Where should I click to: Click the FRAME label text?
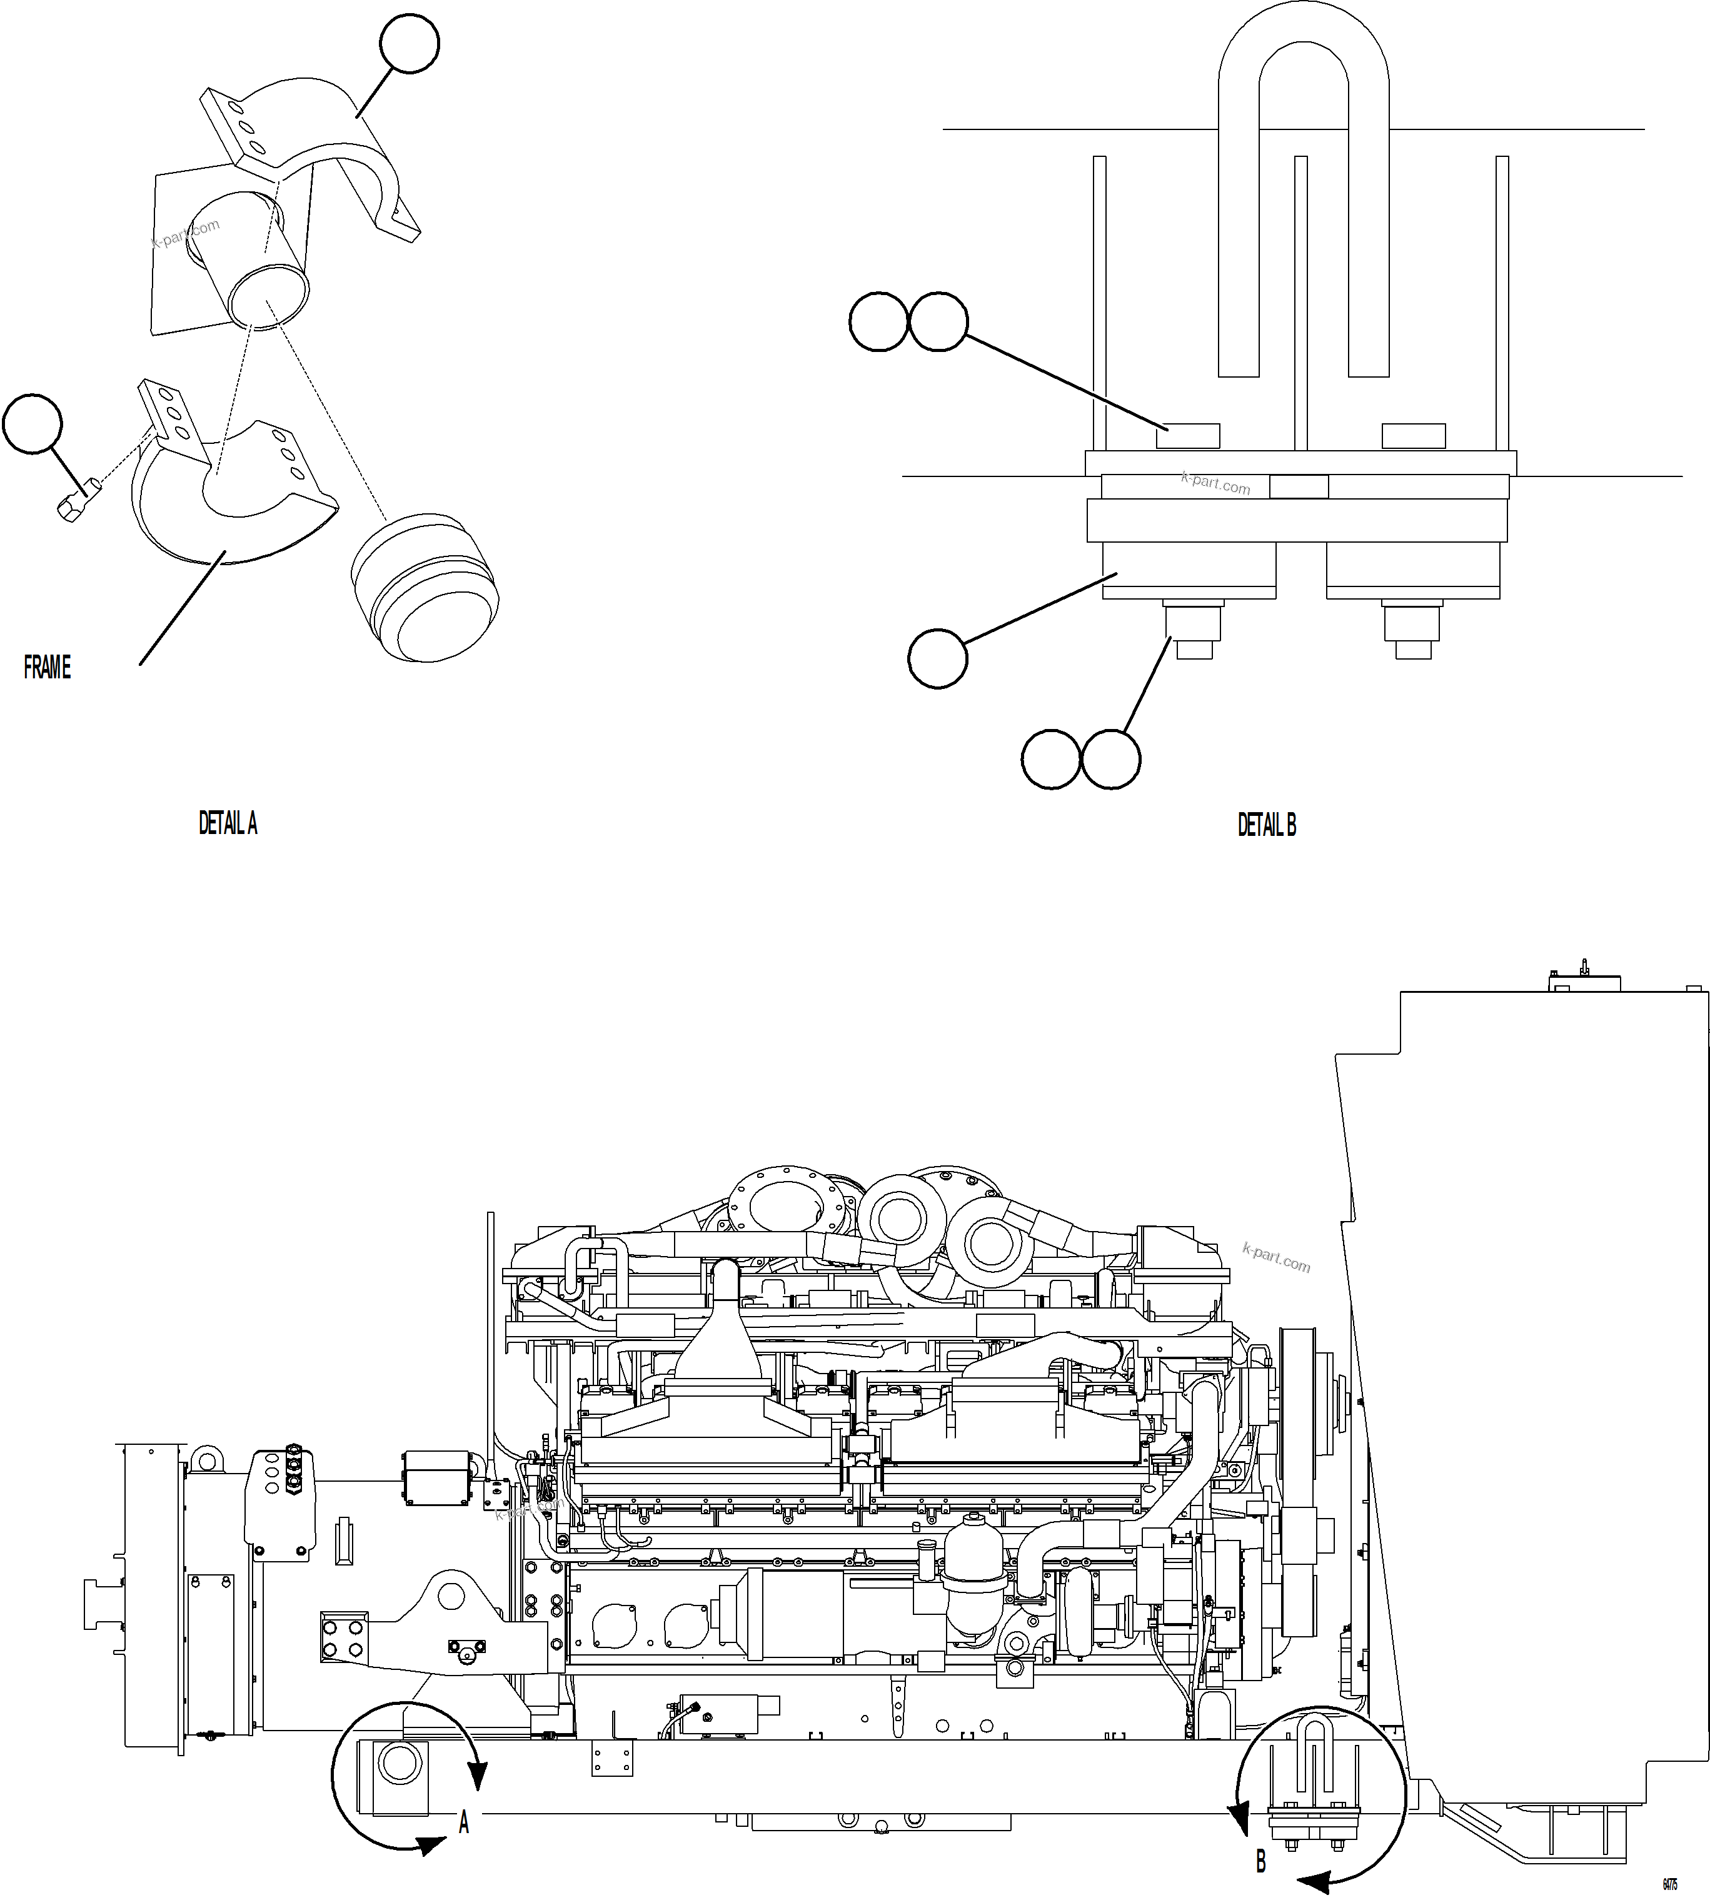[x=47, y=668]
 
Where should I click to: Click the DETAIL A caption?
[x=228, y=824]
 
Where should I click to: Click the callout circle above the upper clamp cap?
[x=410, y=43]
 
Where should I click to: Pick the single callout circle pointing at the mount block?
[x=938, y=659]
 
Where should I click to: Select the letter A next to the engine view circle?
[x=463, y=1823]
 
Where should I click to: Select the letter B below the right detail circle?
[x=1261, y=1861]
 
